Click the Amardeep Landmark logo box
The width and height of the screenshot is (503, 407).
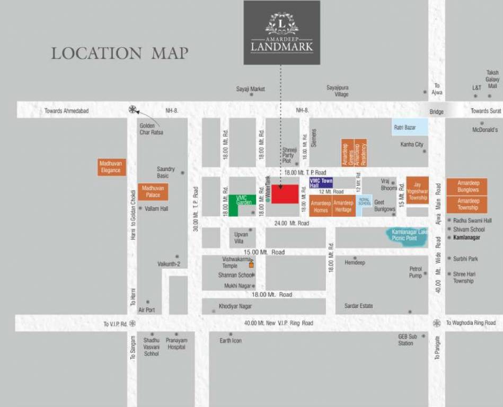click(281, 32)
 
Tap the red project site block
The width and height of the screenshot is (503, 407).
click(285, 194)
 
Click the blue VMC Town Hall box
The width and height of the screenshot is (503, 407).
click(321, 183)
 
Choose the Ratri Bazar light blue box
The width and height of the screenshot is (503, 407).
click(410, 127)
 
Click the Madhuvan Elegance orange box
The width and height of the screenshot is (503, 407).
click(111, 167)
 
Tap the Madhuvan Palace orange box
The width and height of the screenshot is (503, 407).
click(153, 191)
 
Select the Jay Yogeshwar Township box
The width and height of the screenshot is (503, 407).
click(418, 190)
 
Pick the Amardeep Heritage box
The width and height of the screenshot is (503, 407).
click(343, 206)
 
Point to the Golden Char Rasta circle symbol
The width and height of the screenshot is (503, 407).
click(133, 110)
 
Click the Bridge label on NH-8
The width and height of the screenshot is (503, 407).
click(436, 112)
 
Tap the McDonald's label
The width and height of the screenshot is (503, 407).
click(485, 130)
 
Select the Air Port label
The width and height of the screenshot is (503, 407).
click(146, 309)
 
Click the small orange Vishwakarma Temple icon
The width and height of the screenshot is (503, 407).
click(251, 265)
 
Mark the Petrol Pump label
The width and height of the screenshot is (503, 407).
click(416, 272)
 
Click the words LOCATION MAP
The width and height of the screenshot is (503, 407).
click(119, 54)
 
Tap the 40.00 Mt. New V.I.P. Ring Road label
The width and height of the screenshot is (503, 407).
click(278, 323)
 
